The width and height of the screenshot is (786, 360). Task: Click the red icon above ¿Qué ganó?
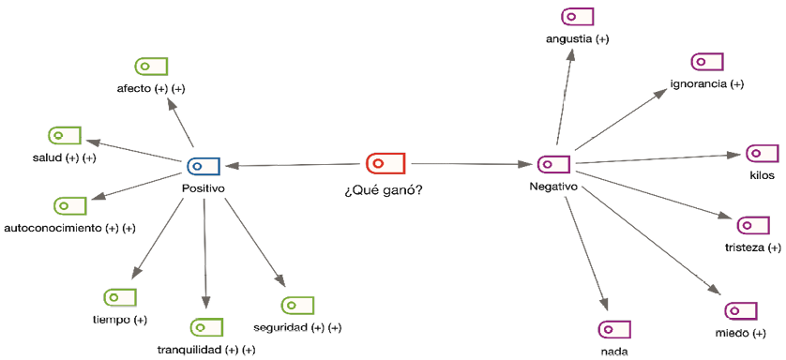[385, 163]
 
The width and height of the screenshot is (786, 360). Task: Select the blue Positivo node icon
[204, 166]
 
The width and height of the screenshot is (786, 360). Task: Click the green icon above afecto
[151, 66]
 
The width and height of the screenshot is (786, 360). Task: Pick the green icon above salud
[65, 135]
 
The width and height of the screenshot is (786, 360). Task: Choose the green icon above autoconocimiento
[70, 205]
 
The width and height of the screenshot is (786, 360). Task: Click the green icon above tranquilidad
[206, 327]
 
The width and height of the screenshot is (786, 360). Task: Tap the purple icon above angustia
[577, 16]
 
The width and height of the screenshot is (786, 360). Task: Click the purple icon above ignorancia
[706, 62]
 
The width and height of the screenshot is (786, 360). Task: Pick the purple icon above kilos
[762, 153]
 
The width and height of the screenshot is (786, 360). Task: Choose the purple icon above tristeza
[753, 226]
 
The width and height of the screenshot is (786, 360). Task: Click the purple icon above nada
[614, 329]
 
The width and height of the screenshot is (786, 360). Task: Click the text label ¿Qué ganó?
[383, 190]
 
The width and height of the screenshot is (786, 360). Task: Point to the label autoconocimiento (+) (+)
[70, 228]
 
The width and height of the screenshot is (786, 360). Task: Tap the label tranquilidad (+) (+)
[206, 350]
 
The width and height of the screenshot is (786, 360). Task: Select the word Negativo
[552, 187]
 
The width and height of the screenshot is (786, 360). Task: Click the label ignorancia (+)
[706, 84]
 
